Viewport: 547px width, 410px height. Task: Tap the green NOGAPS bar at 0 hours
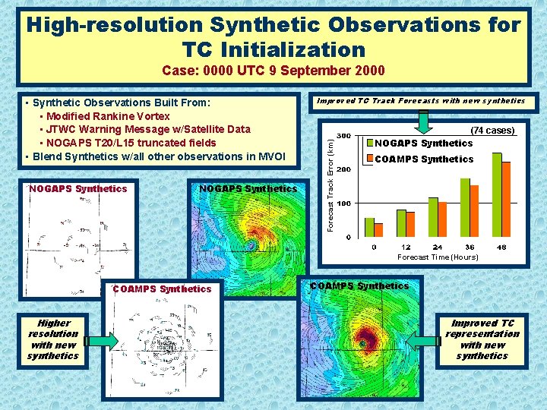click(370, 228)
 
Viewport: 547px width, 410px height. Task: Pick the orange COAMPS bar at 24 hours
click(442, 219)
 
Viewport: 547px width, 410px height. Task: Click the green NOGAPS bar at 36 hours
click(465, 208)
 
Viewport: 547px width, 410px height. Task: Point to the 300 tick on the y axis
click(343, 136)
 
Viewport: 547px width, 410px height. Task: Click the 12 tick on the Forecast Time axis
click(406, 248)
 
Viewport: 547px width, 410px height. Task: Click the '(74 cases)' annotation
click(492, 131)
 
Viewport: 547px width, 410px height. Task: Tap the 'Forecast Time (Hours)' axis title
click(438, 257)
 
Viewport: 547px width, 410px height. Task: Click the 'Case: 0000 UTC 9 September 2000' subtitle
click(273, 71)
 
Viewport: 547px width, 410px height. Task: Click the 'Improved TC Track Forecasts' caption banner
click(420, 100)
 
